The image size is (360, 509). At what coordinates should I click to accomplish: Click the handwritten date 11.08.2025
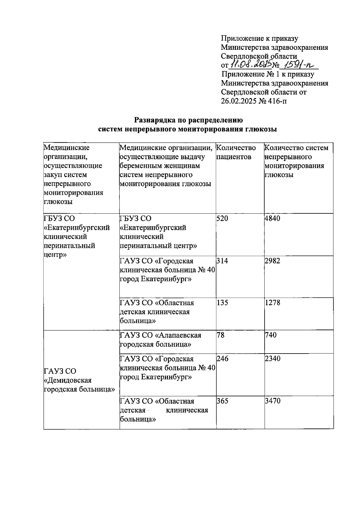pos(251,64)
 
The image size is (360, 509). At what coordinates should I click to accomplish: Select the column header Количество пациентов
pos(236,152)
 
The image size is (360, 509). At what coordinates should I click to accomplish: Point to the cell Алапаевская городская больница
pos(160,340)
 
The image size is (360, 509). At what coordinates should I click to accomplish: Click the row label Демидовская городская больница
pos(79,380)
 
